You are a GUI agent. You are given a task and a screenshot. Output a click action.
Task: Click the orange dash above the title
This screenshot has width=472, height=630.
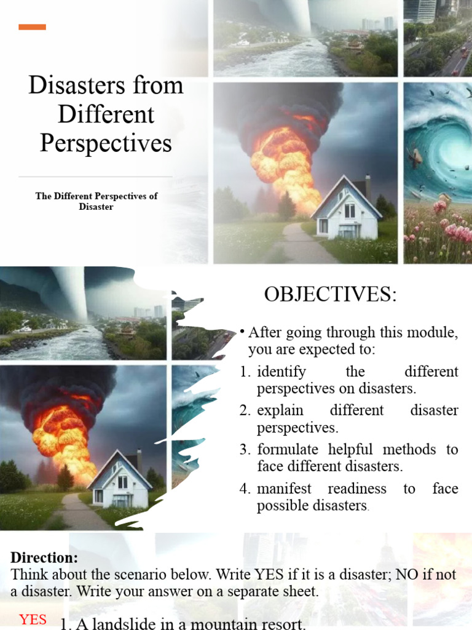[32, 26]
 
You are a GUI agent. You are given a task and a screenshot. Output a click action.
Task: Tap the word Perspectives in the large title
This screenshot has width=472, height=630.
[106, 143]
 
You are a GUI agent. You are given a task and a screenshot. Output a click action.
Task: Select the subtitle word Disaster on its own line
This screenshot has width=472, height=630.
[96, 207]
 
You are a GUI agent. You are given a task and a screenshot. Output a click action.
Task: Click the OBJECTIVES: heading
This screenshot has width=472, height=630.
[331, 295]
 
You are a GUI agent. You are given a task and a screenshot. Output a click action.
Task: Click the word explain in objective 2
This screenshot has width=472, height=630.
[277, 410]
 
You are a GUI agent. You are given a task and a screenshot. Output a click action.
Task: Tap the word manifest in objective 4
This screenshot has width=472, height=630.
[284, 488]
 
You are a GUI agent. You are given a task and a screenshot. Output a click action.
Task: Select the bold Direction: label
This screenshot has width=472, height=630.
[44, 558]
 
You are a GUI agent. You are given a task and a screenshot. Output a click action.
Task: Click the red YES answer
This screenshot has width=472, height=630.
[33, 620]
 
